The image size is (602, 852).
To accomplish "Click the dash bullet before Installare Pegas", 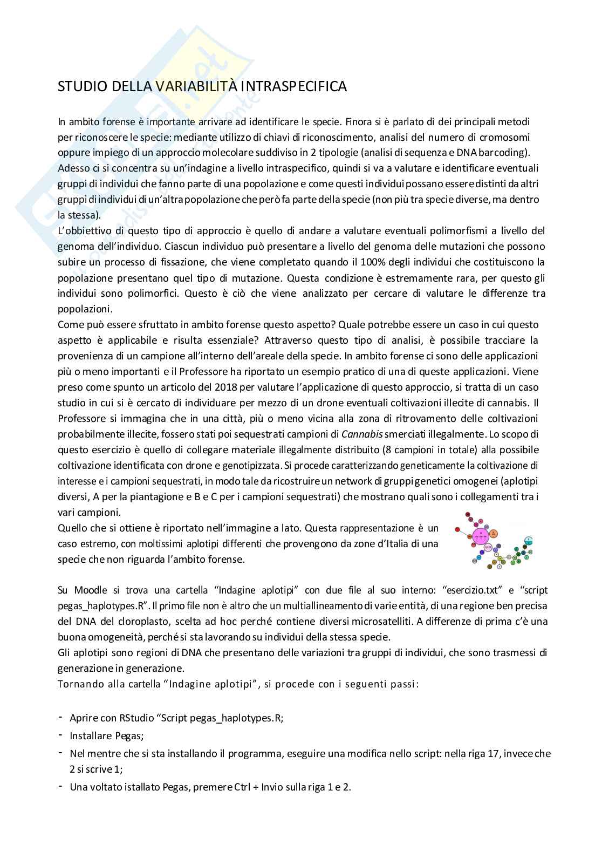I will [60, 735].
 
